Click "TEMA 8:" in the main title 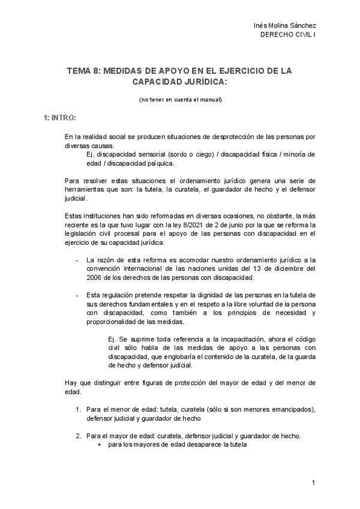[83, 71]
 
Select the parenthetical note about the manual [179, 100]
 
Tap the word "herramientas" [84, 190]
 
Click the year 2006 [97, 278]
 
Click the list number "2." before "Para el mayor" [79, 436]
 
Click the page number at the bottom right [314, 483]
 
